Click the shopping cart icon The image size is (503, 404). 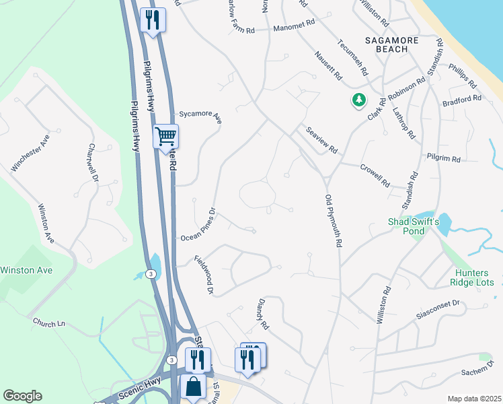point(165,137)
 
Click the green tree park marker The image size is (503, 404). point(359,100)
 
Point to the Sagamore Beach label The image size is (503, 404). point(396,44)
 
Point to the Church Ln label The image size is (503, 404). point(49,323)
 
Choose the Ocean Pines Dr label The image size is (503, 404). point(198,224)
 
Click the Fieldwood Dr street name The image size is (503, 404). point(204,275)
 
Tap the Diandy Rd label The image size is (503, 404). point(262,315)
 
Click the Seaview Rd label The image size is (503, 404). point(321,141)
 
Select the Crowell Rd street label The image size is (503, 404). point(375,175)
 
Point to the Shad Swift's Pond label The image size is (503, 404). point(414,226)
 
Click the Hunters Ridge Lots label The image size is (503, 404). point(471,277)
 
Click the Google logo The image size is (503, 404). point(22,396)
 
